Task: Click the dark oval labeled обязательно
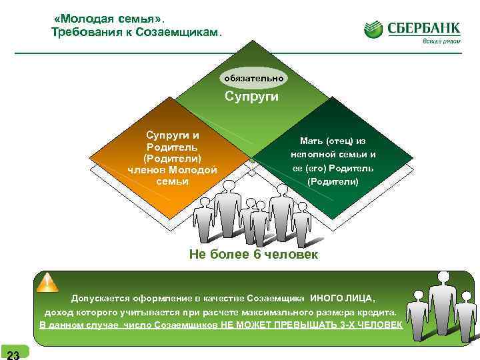tap(253, 79)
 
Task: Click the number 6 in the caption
tap(248, 255)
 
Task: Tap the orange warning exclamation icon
tap(47, 283)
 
